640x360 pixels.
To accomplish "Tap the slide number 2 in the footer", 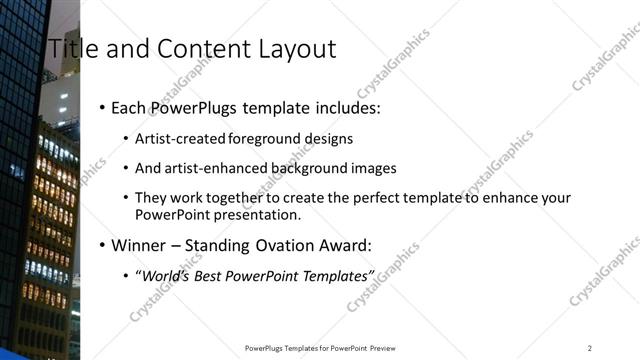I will [x=589, y=347].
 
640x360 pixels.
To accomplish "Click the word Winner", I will [x=140, y=245].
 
